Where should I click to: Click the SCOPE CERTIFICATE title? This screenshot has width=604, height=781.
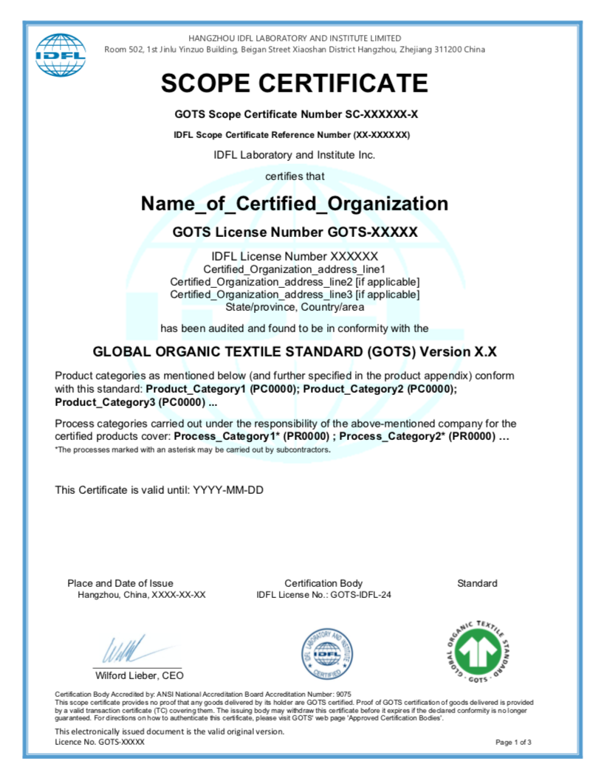point(295,83)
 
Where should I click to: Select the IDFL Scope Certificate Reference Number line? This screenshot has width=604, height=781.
point(292,135)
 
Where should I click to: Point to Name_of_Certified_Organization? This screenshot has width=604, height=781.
point(295,204)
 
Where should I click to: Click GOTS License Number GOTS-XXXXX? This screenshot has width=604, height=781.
point(295,232)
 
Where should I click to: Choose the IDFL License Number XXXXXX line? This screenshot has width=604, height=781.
point(295,256)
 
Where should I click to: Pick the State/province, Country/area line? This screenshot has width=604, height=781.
point(295,306)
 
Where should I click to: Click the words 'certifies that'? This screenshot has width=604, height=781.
point(295,176)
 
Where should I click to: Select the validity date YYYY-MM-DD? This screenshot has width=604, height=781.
point(228,489)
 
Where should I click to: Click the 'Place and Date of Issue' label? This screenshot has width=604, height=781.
point(120,583)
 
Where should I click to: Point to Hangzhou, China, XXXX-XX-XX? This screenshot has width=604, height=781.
point(142,595)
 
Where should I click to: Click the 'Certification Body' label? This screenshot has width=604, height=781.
point(323,583)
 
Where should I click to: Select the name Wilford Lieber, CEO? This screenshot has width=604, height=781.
point(140,675)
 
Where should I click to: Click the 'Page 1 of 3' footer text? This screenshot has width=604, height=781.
point(513,742)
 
